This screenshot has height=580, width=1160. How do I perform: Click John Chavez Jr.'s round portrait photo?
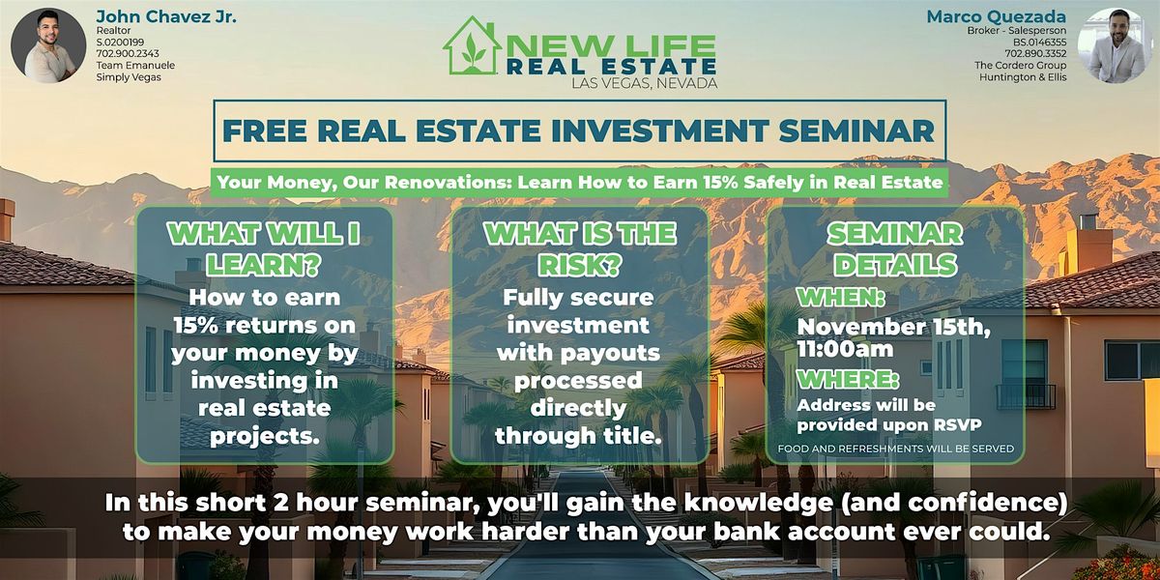(x=48, y=45)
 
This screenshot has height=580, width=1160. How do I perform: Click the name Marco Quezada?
(x=997, y=15)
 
